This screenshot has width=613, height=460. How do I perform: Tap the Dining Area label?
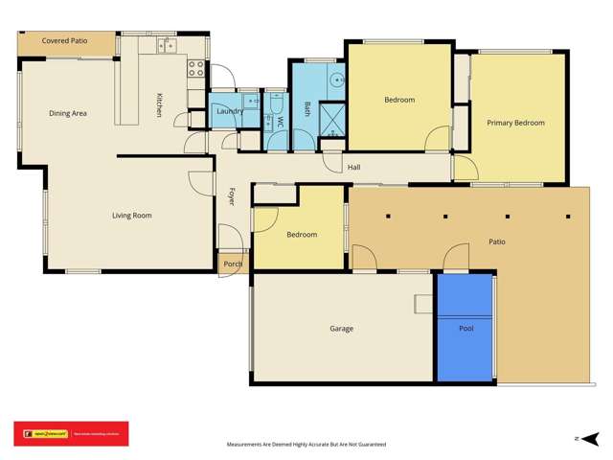(x=68, y=114)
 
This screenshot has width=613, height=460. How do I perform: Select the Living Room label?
(x=132, y=216)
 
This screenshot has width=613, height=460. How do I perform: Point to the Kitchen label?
(x=160, y=104)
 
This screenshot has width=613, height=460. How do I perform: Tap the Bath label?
(x=307, y=108)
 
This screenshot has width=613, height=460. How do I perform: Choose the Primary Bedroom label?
(x=515, y=123)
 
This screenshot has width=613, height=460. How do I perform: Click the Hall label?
(x=353, y=168)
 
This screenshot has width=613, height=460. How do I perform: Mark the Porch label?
(x=233, y=264)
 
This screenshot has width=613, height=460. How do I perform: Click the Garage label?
(x=341, y=329)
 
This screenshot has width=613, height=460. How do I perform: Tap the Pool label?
(x=465, y=329)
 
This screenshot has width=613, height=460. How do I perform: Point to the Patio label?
(x=497, y=242)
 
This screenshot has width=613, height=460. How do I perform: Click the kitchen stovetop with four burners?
(x=195, y=68)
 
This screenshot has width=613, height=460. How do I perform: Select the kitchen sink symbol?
(x=166, y=44)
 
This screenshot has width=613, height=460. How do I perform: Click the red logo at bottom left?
(x=70, y=434)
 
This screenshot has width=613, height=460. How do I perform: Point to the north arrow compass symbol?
(x=578, y=437)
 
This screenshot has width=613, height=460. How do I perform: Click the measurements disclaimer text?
(x=306, y=445)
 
